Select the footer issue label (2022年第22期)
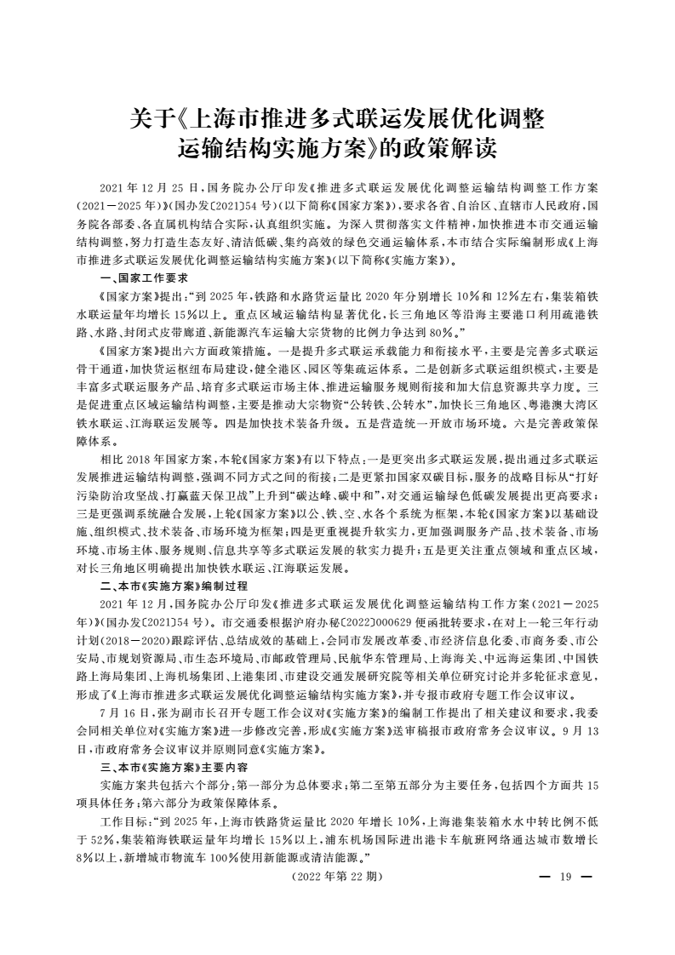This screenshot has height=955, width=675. pos(338,876)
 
